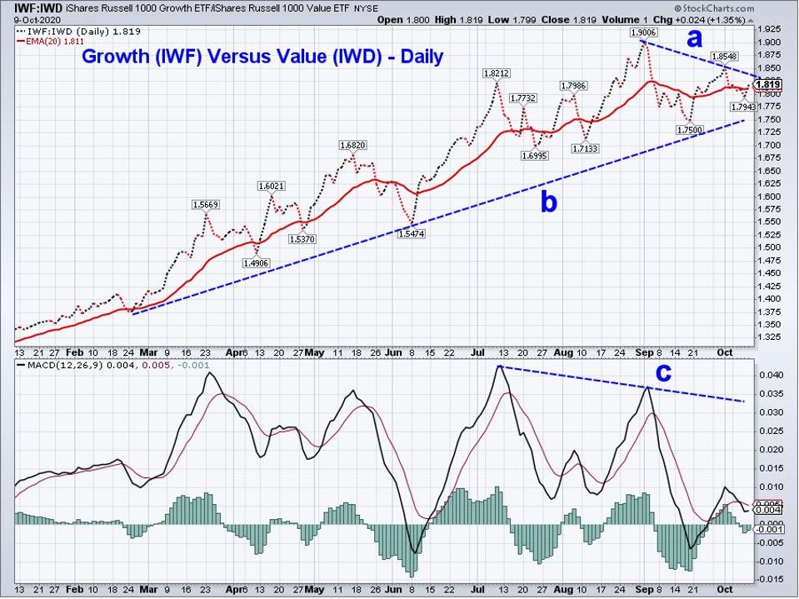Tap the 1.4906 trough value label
pos(254,262)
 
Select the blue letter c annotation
pos(663,373)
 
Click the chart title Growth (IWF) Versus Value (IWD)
pos(262,57)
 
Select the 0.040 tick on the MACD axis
pos(769,375)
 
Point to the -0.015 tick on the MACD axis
pos(767,578)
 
